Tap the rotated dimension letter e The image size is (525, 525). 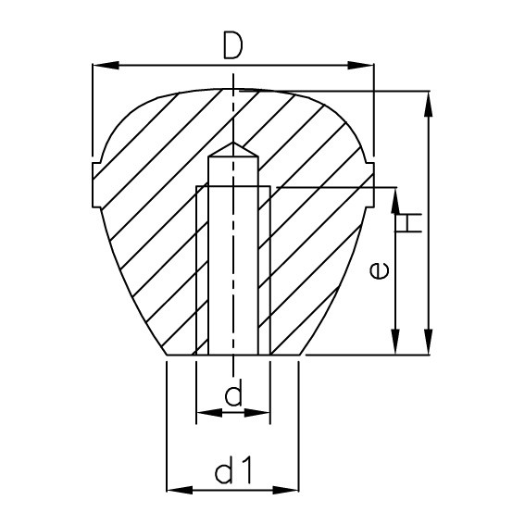[x=377, y=270]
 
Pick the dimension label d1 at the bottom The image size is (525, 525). [x=233, y=473]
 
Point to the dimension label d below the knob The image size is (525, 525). [x=233, y=396]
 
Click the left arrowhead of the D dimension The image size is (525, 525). [x=102, y=66]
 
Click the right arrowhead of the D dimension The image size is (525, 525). [x=364, y=66]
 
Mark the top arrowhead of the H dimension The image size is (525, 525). [x=427, y=100]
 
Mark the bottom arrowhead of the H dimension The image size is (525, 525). [x=427, y=346]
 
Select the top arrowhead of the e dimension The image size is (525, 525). [x=395, y=197]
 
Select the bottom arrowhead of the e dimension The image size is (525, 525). [x=395, y=346]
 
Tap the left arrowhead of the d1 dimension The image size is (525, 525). [x=175, y=488]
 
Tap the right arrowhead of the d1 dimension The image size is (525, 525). [x=290, y=488]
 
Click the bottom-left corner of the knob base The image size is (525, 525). [x=167, y=356]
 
